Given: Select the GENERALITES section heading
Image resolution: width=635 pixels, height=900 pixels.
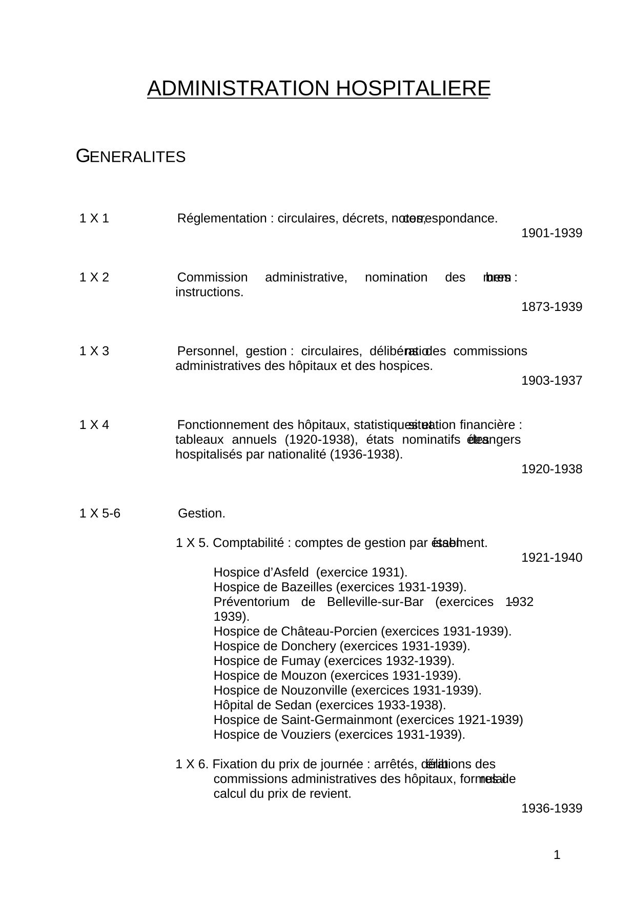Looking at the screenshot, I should click(x=131, y=156).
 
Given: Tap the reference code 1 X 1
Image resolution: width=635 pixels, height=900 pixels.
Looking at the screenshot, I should click(x=94, y=219).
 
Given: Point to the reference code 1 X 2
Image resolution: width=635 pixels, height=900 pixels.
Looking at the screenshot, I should click(x=94, y=278).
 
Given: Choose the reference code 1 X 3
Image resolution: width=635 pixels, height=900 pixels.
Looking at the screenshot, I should click(x=94, y=351).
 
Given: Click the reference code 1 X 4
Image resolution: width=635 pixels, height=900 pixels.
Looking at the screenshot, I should click(x=94, y=425).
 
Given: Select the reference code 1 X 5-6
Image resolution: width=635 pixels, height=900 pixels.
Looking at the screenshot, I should click(x=100, y=514).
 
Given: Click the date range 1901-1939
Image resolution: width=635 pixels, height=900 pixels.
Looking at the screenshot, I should click(x=551, y=233).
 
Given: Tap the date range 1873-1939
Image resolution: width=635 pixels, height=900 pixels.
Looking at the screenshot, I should click(x=551, y=307).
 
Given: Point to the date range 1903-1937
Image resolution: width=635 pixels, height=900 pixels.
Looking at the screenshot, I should click(x=551, y=381).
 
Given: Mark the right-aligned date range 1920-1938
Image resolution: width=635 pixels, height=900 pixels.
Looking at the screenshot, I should click(x=551, y=469).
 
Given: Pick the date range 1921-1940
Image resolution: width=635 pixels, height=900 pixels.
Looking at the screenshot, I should click(x=551, y=558).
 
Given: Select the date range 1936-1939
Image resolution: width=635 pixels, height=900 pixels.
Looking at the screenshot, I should click(x=551, y=809).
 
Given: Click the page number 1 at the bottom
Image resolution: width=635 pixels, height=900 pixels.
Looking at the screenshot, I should click(x=557, y=855).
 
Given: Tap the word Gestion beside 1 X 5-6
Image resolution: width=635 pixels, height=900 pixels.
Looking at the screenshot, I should click(x=201, y=514).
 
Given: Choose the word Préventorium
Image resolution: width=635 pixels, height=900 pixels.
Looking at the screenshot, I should click(x=251, y=602).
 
